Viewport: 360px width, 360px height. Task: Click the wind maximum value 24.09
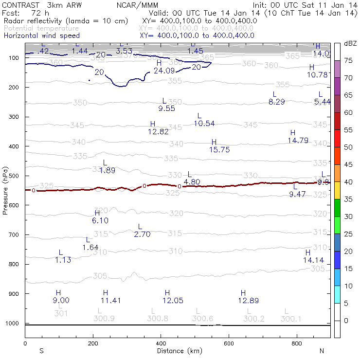tap(164, 71)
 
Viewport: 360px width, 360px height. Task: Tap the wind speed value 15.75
tap(219, 150)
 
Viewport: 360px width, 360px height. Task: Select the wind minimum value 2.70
tap(142, 234)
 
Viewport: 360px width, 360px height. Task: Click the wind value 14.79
tap(298, 141)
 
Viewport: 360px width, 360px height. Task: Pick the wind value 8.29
tap(276, 102)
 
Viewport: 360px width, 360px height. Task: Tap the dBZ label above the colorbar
tap(350, 43)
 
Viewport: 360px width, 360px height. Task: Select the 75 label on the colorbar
tap(348, 60)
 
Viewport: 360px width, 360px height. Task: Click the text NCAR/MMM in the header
tap(144, 5)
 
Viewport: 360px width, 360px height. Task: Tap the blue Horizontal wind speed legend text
tap(41, 36)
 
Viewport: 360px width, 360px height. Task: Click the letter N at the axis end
tap(322, 351)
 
